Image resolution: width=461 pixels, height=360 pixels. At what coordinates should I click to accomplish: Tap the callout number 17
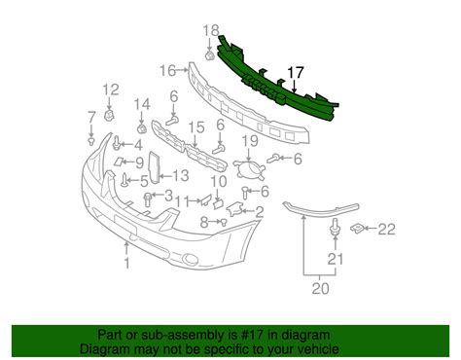coord(297,71)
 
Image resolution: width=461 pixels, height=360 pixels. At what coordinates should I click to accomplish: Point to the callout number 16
coord(167,70)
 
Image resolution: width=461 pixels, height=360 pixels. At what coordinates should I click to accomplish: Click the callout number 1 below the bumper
coord(125,263)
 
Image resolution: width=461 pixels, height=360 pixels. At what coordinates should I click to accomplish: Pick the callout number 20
coord(318,288)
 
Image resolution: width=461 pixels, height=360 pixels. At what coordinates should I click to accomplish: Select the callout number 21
coord(337,259)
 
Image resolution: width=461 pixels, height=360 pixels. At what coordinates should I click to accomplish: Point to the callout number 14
coord(143,104)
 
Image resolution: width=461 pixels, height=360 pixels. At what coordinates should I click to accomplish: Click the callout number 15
coord(196,127)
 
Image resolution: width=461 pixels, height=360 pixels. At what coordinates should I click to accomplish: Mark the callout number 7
coord(90,118)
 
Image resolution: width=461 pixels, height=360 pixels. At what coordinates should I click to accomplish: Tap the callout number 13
coord(181,176)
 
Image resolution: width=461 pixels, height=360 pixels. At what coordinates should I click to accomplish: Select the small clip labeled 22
coord(357,230)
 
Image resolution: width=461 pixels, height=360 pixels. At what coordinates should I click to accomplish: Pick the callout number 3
coord(169,197)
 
